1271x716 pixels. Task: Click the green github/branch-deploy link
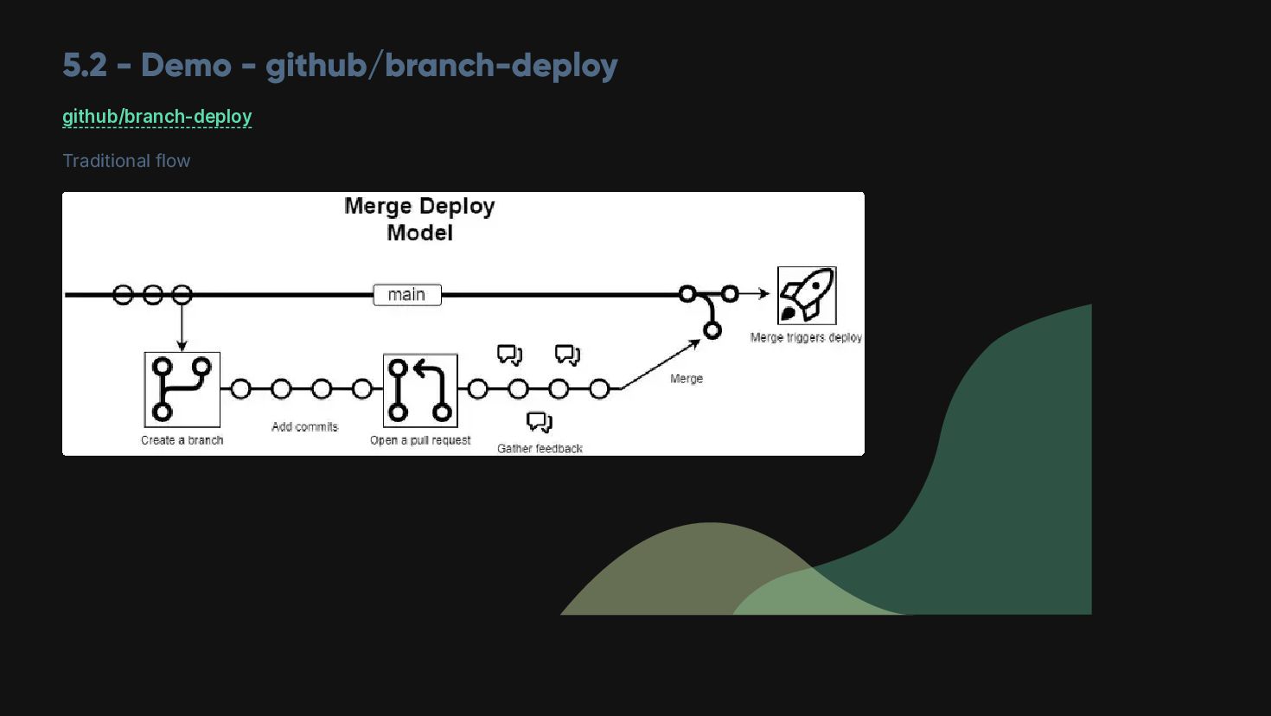(x=156, y=117)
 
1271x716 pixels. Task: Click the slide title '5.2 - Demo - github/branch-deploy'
(x=340, y=66)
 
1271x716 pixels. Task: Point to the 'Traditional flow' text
(x=126, y=161)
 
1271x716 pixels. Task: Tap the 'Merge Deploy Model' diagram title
(x=419, y=219)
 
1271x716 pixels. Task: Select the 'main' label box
(x=407, y=295)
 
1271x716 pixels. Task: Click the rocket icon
(x=807, y=295)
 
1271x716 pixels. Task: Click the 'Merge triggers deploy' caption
(x=806, y=337)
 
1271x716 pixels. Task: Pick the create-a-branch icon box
(x=182, y=389)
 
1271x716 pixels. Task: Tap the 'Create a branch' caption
(x=182, y=440)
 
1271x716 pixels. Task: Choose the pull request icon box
(x=420, y=390)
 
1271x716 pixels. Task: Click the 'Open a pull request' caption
(x=420, y=440)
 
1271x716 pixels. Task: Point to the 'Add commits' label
(x=304, y=426)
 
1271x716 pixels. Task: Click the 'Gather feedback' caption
(x=540, y=448)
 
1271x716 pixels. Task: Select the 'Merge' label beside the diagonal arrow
(x=687, y=379)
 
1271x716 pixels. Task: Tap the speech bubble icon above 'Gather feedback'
(x=540, y=422)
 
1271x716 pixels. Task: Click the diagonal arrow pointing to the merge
(x=659, y=365)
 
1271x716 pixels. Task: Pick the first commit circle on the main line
(x=123, y=295)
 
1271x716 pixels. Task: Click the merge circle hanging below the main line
(x=712, y=329)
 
